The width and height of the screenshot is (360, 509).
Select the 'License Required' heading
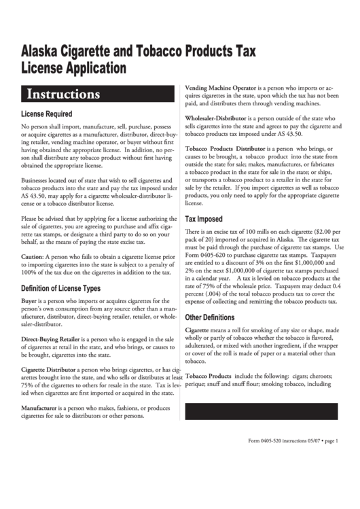click(56, 113)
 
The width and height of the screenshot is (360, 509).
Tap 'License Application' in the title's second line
click(74, 68)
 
